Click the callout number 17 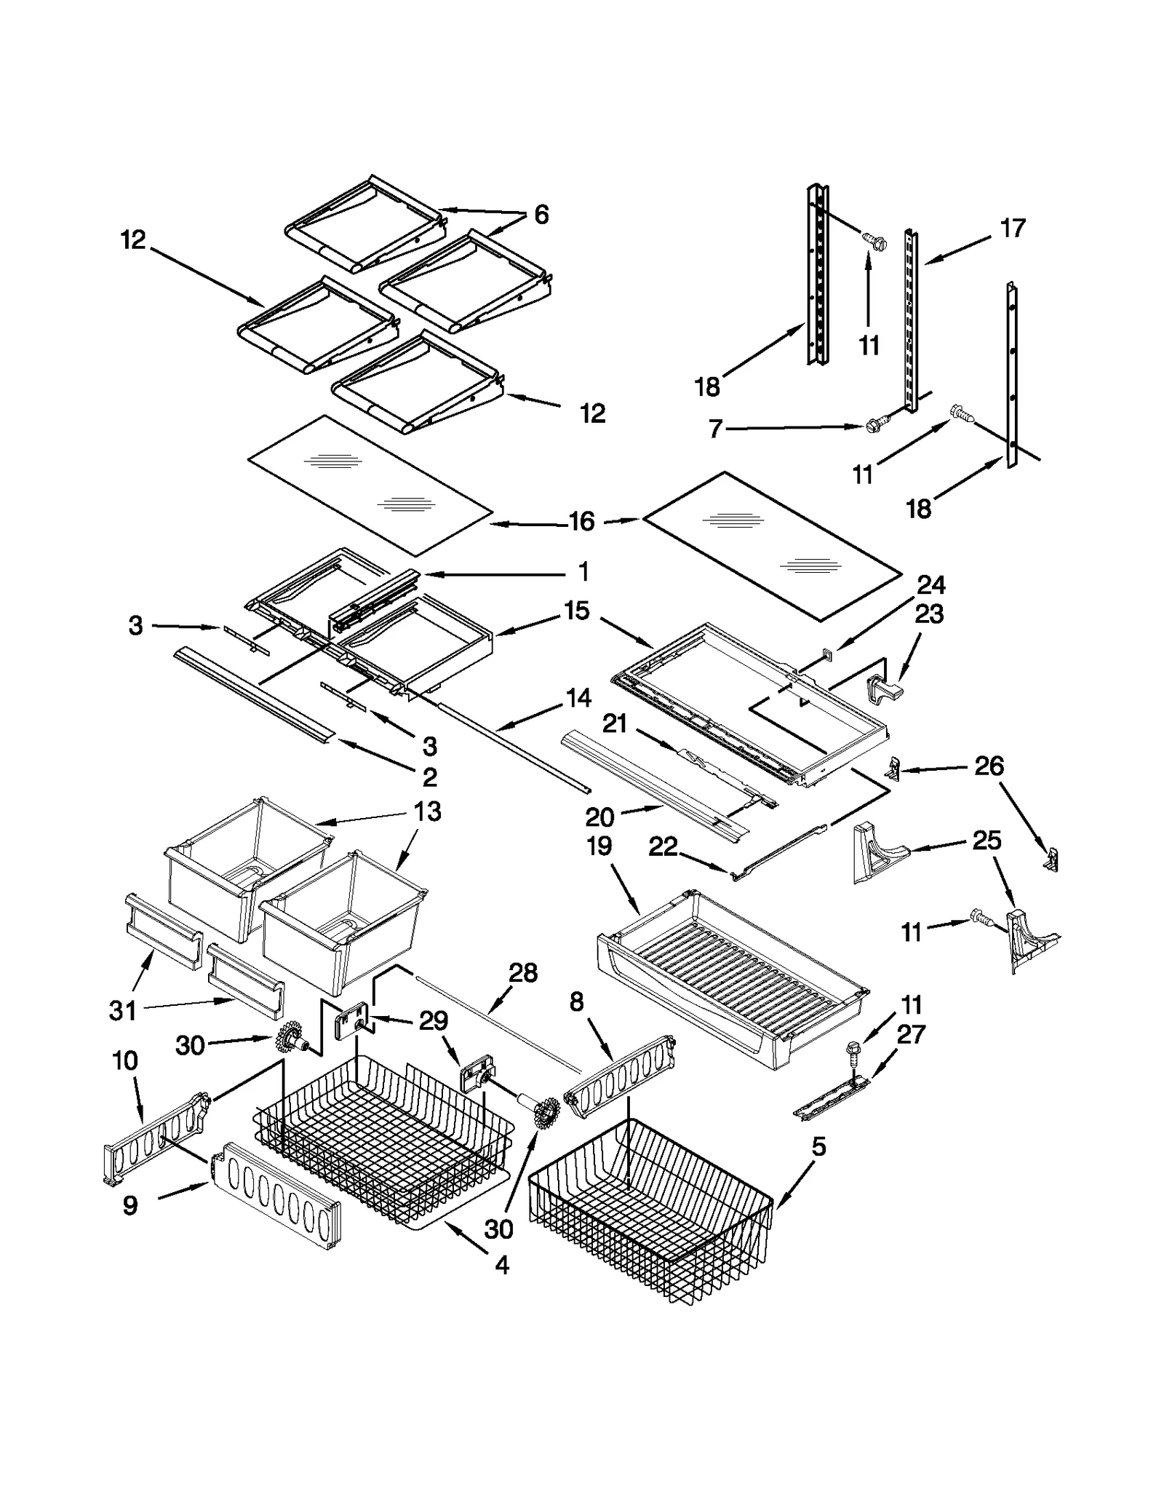(1012, 229)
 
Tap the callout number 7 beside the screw (715, 429)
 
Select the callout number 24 (930, 584)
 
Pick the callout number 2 (430, 777)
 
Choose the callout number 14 (578, 698)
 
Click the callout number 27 (910, 1033)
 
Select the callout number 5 (819, 1147)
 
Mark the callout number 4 (502, 1265)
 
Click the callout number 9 (129, 1206)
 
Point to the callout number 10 (125, 1061)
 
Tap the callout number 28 (522, 973)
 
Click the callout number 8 (576, 1002)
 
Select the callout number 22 (663, 846)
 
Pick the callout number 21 (615, 723)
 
